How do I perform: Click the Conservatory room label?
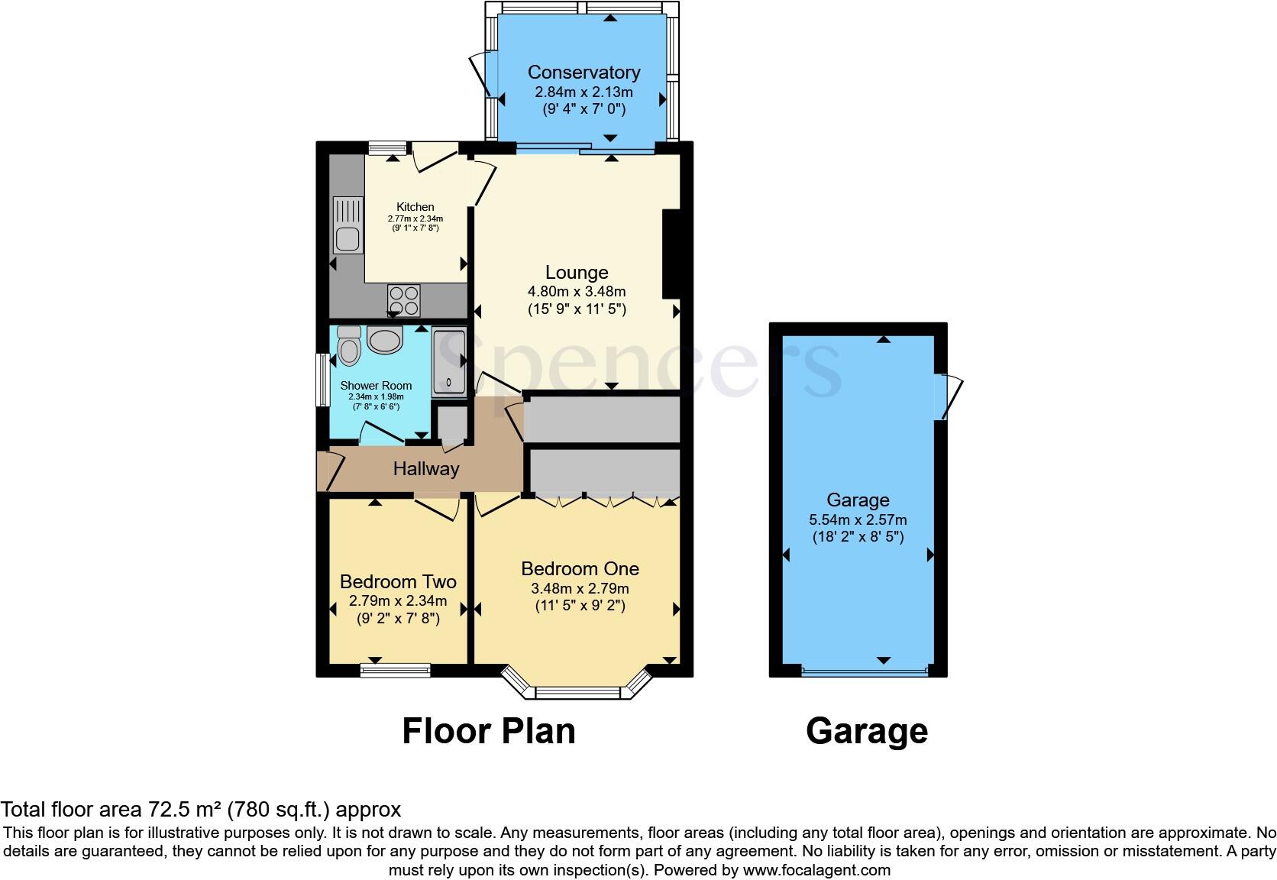(584, 73)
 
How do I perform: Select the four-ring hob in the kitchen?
(404, 299)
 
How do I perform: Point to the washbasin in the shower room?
(384, 340)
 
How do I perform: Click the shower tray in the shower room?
(449, 362)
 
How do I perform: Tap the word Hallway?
(425, 468)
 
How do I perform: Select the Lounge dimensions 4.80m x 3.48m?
(577, 291)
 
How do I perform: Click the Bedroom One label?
(580, 568)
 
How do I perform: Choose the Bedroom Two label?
(398, 581)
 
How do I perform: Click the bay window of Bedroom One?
(578, 692)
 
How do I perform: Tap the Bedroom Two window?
(395, 671)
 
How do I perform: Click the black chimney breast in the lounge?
(670, 254)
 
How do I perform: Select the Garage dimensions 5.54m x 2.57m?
(858, 519)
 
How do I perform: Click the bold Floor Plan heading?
(489, 731)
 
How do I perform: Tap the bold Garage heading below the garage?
(866, 731)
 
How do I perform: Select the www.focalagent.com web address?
(816, 869)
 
